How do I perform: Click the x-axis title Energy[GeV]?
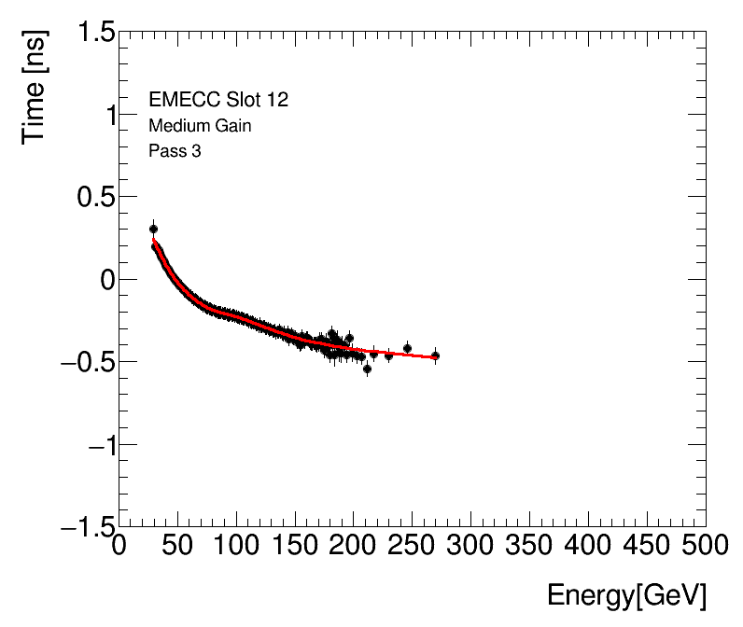[x=626, y=595]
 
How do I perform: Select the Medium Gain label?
[x=200, y=126]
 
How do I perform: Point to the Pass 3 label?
[x=175, y=151]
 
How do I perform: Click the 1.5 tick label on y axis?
[x=91, y=34]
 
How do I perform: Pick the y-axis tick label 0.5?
[x=91, y=198]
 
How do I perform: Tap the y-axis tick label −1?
[x=91, y=445]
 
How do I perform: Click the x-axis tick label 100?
[x=236, y=545]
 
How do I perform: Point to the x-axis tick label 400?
[x=589, y=545]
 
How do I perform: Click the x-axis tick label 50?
[x=177, y=545]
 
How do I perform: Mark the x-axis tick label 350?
[x=530, y=545]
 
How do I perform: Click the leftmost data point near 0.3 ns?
[x=153, y=229]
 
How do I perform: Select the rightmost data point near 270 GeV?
[x=435, y=355]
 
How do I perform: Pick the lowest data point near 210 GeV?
[x=367, y=369]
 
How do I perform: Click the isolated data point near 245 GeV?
[x=407, y=348]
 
